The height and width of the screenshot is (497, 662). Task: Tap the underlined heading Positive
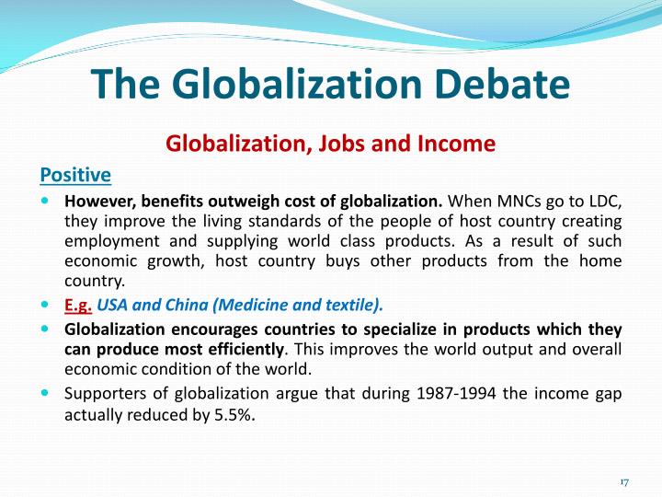75,174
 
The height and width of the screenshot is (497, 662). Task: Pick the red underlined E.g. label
77,305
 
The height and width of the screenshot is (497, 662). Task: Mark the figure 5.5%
234,415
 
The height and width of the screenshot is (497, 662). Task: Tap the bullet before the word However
47,200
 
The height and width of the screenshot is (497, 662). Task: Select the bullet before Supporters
47,392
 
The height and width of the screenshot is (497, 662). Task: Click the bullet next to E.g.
47,303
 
